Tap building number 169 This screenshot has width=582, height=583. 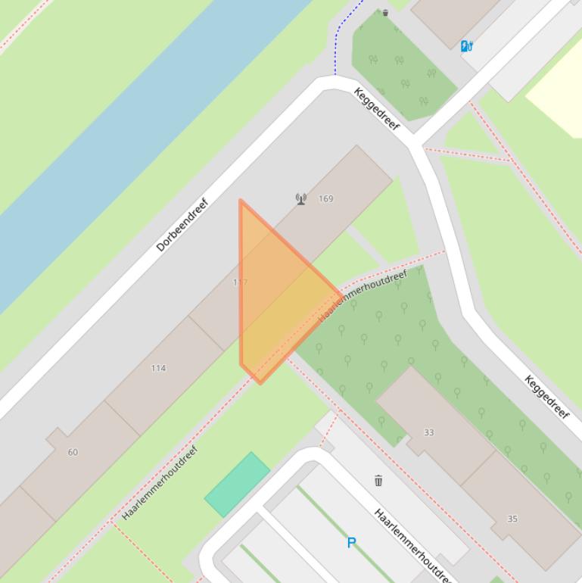click(x=325, y=198)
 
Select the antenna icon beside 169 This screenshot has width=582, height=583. click(x=301, y=199)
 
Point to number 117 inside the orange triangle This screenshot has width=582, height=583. click(x=241, y=282)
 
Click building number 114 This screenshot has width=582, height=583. click(x=158, y=368)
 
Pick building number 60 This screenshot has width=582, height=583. click(x=73, y=452)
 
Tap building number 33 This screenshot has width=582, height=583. click(x=429, y=432)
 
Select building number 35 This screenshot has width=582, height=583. click(x=512, y=519)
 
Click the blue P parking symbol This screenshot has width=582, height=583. click(x=351, y=543)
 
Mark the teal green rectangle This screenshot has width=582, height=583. click(x=237, y=485)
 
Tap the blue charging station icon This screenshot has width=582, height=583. click(x=467, y=46)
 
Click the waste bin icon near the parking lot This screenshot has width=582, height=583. click(x=378, y=480)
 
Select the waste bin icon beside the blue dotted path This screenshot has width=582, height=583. click(x=385, y=13)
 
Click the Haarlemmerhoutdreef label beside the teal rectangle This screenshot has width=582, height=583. click(x=160, y=483)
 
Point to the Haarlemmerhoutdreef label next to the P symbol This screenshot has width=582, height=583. click(x=413, y=546)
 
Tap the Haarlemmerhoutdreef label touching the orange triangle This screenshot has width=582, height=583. click(x=363, y=295)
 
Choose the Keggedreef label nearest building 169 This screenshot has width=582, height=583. click(x=376, y=108)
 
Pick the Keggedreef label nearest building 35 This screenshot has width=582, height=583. click(x=546, y=397)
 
